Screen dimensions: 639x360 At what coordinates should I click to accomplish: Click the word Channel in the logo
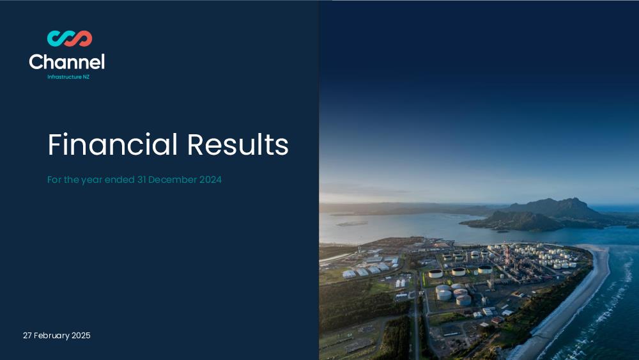pos(67,62)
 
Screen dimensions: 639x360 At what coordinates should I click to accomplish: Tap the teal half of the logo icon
pos(58,39)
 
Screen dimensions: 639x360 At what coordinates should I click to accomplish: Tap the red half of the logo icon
pos(82,38)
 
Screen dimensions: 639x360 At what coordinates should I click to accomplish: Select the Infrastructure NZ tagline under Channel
pos(68,77)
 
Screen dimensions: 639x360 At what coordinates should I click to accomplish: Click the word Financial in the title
pos(113,145)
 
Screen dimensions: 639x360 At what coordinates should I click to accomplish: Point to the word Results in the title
pos(238,145)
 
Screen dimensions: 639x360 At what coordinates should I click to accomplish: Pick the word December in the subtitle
pos(173,180)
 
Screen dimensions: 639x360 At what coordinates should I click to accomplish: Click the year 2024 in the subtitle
pos(210,180)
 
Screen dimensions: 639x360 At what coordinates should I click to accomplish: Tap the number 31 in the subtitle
pos(141,180)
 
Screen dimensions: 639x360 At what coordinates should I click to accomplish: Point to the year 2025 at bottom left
pos(81,336)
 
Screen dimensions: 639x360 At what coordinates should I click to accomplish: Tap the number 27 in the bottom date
pos(27,336)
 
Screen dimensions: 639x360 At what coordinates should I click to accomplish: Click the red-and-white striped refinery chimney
pos(507,254)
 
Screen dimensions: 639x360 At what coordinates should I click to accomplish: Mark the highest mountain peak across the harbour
pos(573,200)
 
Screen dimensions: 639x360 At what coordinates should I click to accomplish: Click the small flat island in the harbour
pos(352,223)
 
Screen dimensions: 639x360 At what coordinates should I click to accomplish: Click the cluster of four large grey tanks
pos(453,294)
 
